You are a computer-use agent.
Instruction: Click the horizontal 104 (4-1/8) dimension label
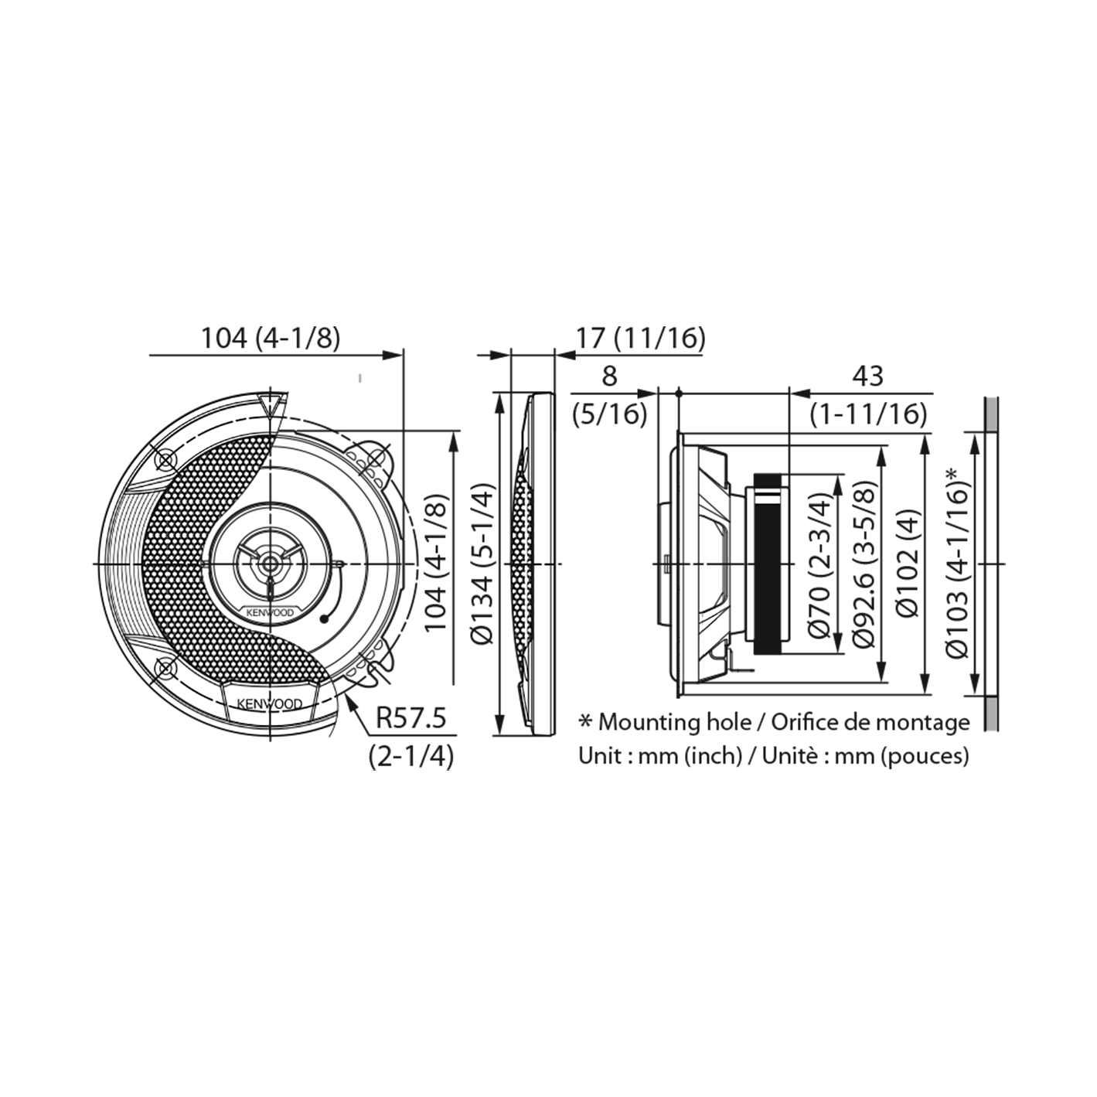[271, 339]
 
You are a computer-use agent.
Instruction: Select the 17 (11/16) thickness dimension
[642, 338]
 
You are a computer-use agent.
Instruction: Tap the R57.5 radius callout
[411, 718]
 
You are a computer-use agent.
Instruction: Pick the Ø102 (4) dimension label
[906, 564]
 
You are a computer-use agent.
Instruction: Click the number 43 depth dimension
[867, 376]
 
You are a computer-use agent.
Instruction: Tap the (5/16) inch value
[610, 414]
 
